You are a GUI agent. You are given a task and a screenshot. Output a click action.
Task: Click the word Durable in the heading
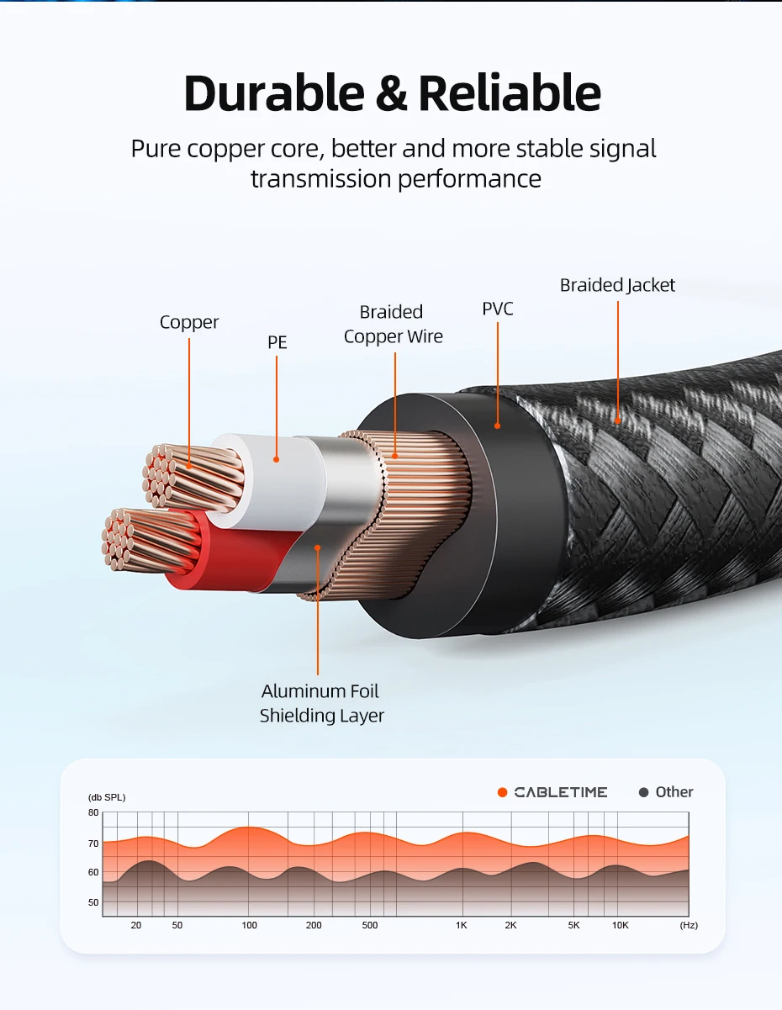[x=274, y=93]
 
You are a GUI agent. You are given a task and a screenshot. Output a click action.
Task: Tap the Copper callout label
[x=189, y=322]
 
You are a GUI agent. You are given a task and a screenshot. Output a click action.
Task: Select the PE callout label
[x=277, y=342]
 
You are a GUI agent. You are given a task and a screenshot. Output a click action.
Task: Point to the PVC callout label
[x=498, y=309]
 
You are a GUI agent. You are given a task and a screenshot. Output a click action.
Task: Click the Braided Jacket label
[x=617, y=285]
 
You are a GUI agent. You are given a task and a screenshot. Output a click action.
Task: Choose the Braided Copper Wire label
[x=393, y=324]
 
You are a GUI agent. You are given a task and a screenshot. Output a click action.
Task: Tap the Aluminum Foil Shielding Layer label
[x=321, y=703]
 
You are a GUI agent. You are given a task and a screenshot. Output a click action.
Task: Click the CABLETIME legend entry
[x=552, y=792]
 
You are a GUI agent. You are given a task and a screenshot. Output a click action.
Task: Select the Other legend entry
[x=666, y=792]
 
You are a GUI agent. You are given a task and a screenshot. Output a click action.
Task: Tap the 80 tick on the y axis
[x=93, y=812]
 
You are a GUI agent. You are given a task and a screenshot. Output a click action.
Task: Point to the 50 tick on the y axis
[x=93, y=902]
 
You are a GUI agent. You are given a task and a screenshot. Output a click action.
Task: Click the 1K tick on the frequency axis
[x=461, y=925]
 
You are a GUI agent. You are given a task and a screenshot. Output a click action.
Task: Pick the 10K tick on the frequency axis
[x=620, y=925]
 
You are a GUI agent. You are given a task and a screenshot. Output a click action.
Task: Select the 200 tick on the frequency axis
[x=314, y=925]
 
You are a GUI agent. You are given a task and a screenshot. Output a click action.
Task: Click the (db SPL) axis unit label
[x=107, y=797]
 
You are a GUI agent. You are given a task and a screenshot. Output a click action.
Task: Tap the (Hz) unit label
[x=689, y=925]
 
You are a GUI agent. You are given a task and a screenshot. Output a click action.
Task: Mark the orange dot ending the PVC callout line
[x=497, y=426]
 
